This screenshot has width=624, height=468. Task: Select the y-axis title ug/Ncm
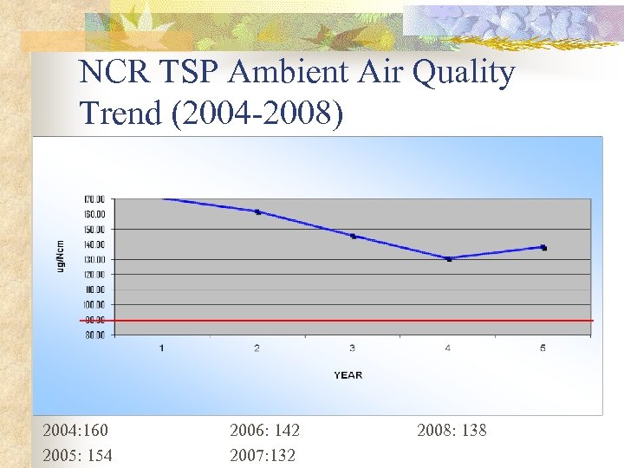61,256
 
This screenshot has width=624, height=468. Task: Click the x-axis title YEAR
348,375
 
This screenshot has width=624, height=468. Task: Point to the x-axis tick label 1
162,348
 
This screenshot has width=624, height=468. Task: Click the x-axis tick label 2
257,348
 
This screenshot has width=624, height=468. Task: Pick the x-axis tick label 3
352,348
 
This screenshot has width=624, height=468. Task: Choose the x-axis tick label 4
447,348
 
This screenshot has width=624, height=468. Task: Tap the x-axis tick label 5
543,348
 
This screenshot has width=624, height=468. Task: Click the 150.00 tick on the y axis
95,230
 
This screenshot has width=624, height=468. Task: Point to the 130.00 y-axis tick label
95,260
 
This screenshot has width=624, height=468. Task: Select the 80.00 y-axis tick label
95,335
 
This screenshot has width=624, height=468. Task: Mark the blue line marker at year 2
257,211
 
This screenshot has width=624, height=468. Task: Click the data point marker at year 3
353,236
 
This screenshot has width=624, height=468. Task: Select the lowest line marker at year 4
449,258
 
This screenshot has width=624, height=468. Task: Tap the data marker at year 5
543,248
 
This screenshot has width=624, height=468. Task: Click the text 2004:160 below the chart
76,430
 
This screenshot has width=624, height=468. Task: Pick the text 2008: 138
452,430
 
